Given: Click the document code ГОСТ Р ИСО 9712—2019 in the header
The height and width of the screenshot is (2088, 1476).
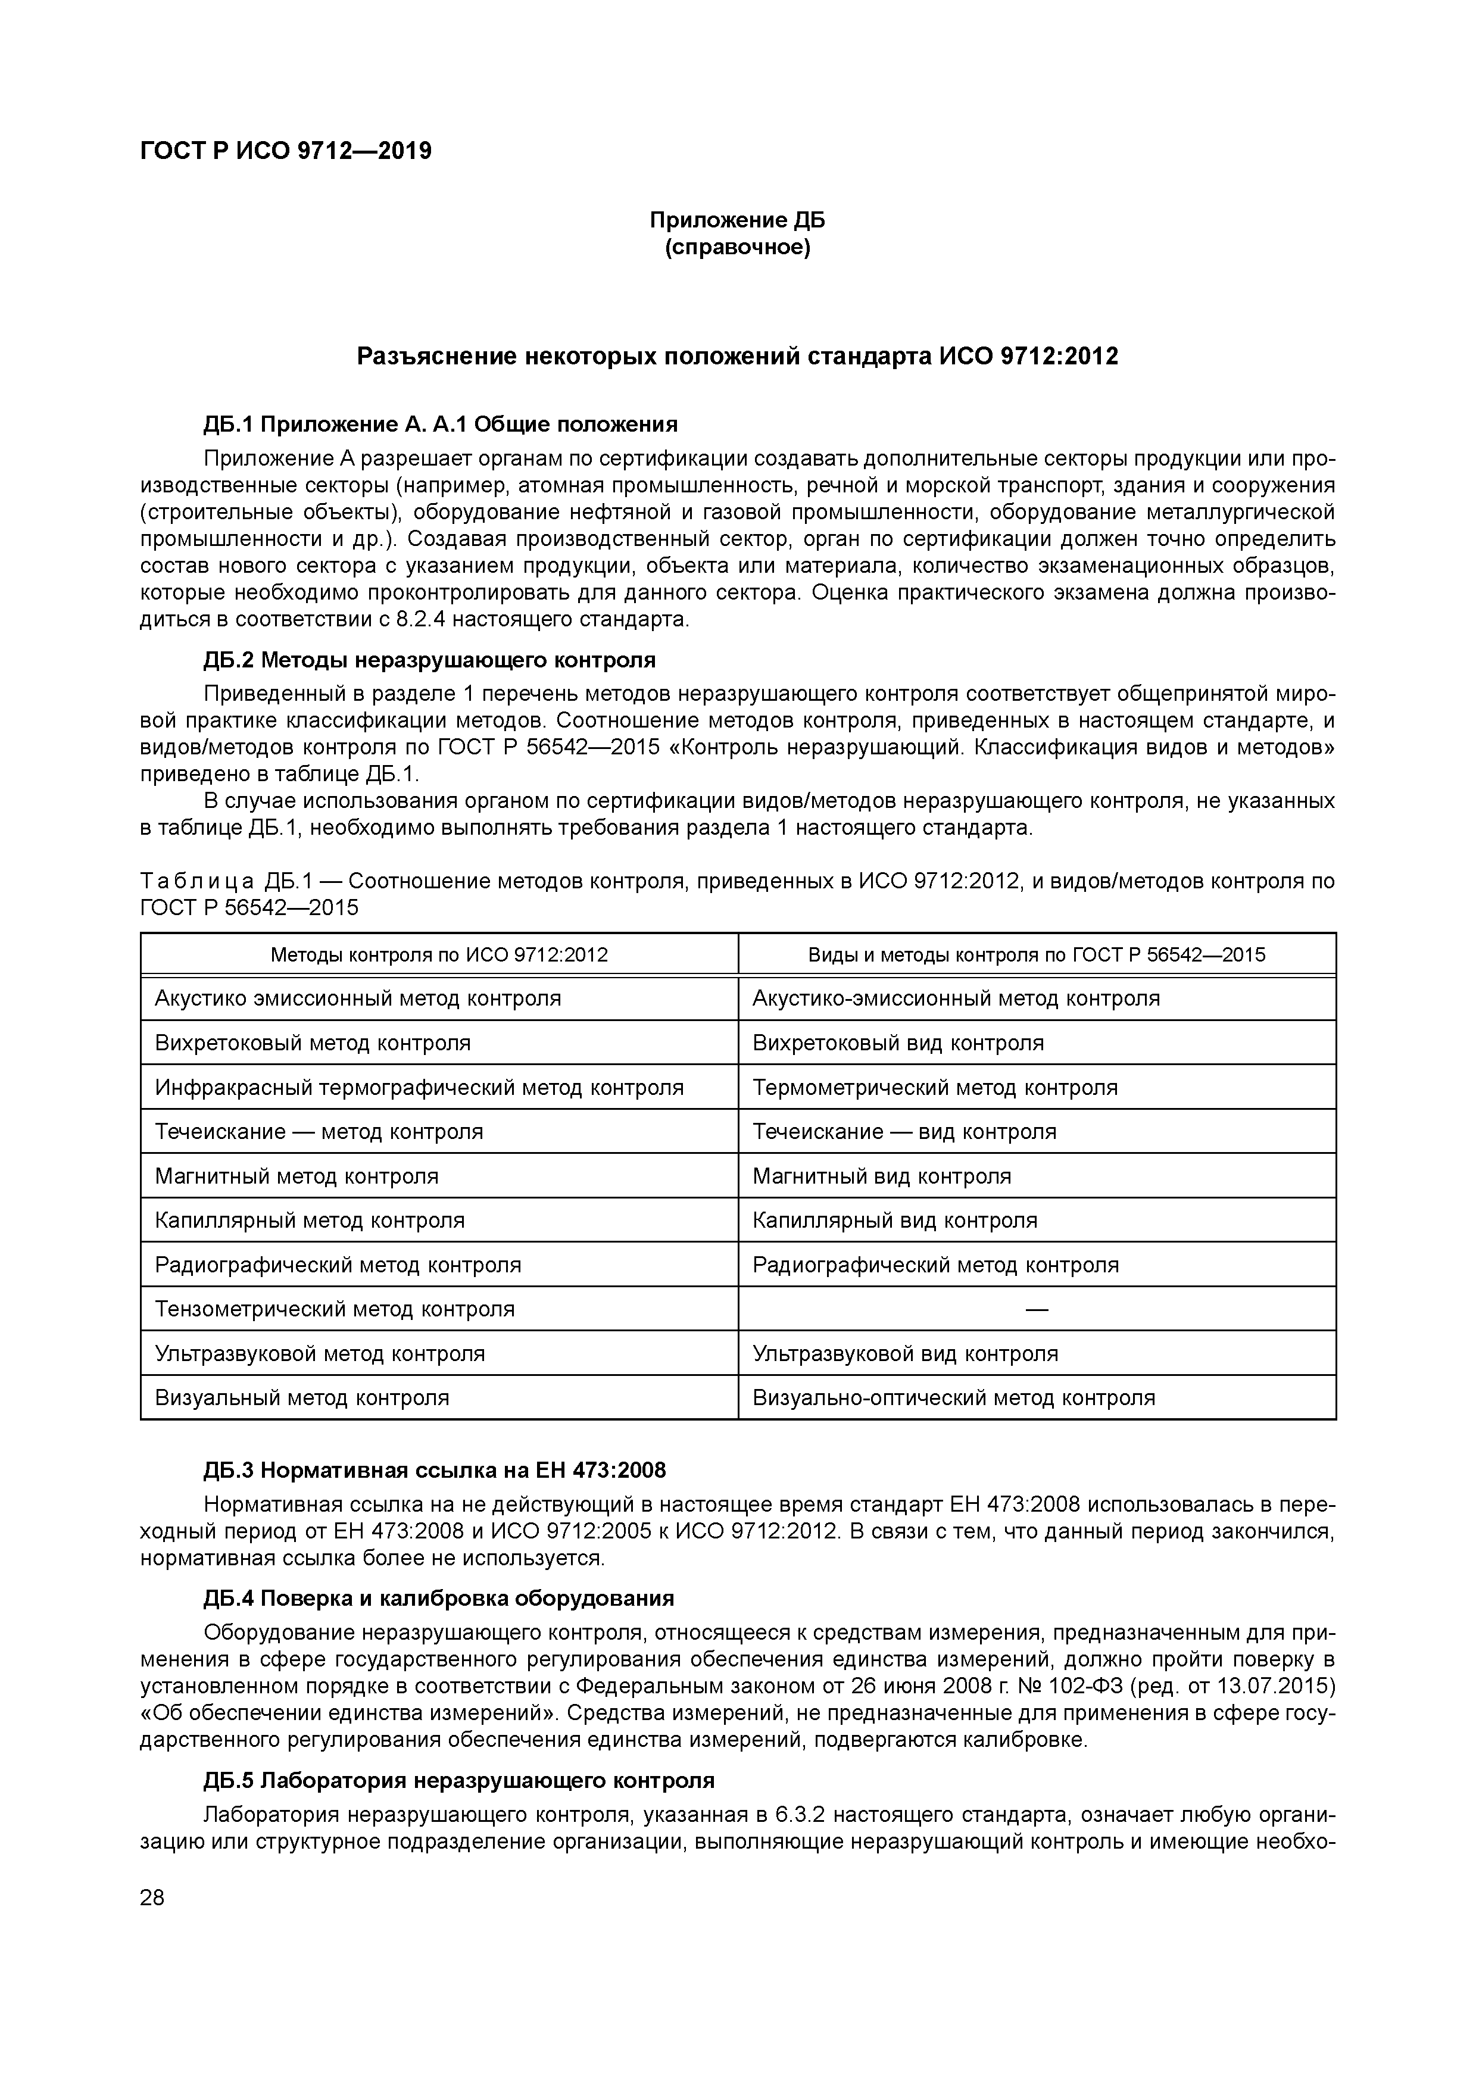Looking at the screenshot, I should (x=286, y=150).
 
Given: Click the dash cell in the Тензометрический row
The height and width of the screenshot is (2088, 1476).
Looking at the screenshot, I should (x=1037, y=1310).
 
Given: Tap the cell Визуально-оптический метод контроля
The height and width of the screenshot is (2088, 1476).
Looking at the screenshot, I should (x=953, y=1398).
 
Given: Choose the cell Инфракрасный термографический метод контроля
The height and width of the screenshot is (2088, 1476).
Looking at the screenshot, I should (x=419, y=1088).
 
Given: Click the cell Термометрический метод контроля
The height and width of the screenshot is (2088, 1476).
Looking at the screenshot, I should (x=935, y=1088).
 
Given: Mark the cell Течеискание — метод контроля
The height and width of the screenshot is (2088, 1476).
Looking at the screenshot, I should (x=319, y=1132).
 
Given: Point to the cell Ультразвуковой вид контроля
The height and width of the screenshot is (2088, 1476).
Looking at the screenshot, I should (x=905, y=1353).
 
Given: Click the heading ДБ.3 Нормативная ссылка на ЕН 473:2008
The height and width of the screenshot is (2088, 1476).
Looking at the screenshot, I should (x=435, y=1471).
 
